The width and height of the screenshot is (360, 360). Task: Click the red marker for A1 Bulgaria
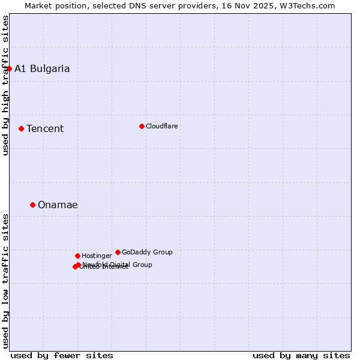click(x=9, y=68)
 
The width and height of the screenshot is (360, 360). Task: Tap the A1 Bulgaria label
click(x=42, y=68)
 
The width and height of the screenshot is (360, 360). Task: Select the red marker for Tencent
click(x=21, y=128)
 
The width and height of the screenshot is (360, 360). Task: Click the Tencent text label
click(x=45, y=128)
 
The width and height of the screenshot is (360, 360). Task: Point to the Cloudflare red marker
click(x=142, y=126)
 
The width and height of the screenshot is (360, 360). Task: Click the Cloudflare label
click(x=161, y=126)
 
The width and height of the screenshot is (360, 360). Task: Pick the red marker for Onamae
click(x=32, y=205)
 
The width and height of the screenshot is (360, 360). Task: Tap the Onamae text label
click(x=58, y=205)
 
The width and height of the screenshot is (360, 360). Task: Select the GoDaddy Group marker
click(x=118, y=252)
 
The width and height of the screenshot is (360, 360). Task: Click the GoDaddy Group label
click(x=147, y=252)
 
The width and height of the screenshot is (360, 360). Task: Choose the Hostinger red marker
click(x=77, y=256)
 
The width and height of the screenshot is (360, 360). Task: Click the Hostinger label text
click(x=97, y=256)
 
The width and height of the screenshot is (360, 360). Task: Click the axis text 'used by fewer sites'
click(x=62, y=355)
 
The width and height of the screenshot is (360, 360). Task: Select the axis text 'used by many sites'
click(x=301, y=355)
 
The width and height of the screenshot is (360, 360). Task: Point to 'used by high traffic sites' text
click(x=5, y=85)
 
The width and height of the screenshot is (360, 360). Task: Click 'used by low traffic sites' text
click(x=5, y=281)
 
